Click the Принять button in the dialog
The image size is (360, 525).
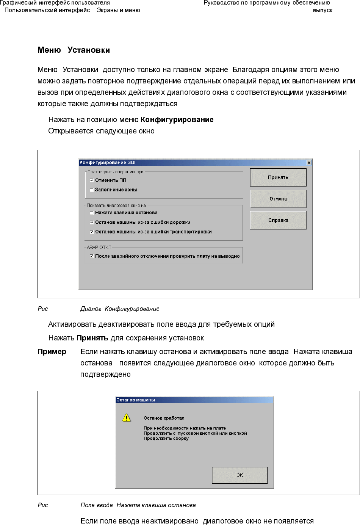coord(278,177)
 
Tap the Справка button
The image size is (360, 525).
coord(278,220)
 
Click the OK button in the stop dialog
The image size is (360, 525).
coord(239,475)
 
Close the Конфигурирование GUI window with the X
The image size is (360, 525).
coord(309,163)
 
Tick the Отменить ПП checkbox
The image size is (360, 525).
coord(92,180)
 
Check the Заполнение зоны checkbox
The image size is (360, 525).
coord(92,190)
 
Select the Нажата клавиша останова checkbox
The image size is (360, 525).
coord(92,213)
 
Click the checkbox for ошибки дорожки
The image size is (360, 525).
coord(92,223)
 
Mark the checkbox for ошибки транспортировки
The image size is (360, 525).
coord(92,232)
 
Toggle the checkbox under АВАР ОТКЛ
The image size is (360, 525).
coord(92,256)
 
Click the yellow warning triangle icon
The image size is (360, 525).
coord(127,418)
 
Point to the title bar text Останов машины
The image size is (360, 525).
coord(136,400)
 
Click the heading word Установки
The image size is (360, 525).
coord(89,50)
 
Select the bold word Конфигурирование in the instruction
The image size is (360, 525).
coord(177,120)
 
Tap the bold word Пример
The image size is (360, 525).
coord(52,352)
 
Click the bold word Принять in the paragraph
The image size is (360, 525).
coord(92,338)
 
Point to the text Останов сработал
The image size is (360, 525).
coord(164,418)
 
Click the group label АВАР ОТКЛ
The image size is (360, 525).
coord(99,248)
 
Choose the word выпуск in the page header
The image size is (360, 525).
coord(322,11)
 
